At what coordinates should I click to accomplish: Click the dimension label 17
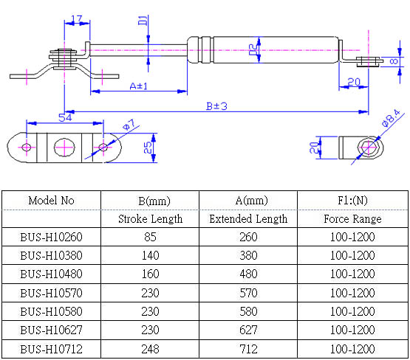pos(76,19)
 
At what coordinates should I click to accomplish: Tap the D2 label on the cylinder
pos(253,51)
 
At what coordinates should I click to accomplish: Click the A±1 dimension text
pos(138,86)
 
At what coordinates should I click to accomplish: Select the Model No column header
pos(51,201)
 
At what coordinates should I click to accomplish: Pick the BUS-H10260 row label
pos(51,238)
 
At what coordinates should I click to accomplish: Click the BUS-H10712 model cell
pos(51,348)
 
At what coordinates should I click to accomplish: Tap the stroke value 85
pos(150,238)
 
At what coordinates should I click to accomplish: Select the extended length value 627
pos(248,330)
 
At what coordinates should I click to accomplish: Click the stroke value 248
pos(150,348)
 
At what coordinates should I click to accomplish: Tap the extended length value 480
pos(248,274)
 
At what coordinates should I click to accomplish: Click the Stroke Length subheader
pos(150,219)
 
